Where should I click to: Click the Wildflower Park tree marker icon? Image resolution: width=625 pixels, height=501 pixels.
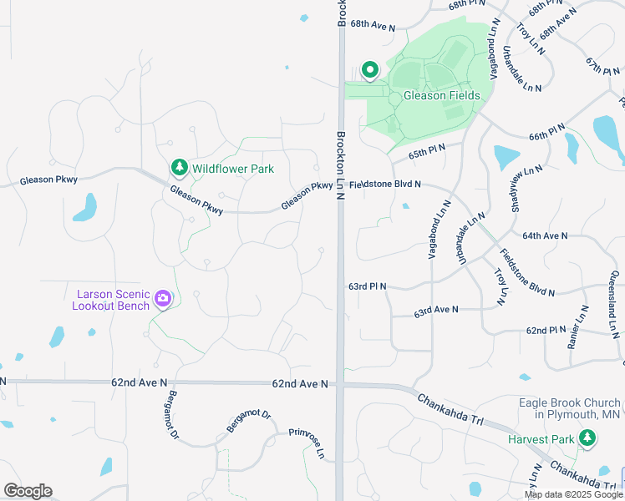179,168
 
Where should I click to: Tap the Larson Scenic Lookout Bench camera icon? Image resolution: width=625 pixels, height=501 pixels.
163,298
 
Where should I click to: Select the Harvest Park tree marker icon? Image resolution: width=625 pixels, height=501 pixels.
587,438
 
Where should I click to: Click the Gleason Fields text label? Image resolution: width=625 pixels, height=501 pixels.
442,95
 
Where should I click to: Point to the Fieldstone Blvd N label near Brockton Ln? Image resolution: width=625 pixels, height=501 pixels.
385,184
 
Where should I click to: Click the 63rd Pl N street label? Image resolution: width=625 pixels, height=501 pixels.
367,286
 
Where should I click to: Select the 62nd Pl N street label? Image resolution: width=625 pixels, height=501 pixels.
547,331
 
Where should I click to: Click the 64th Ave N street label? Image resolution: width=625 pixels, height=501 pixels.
545,236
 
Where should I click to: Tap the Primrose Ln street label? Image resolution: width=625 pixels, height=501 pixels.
307,443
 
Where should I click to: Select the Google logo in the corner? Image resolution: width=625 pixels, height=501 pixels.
27,491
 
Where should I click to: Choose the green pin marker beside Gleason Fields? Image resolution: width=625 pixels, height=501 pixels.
369,68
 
